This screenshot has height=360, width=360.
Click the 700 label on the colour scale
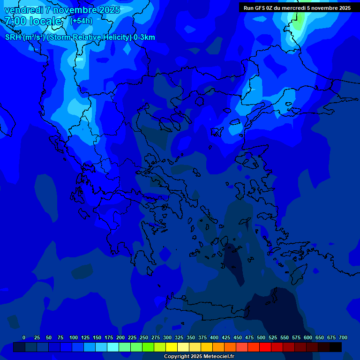point(343,338)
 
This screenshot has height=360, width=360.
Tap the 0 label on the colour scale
point(24,338)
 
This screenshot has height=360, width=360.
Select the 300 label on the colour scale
point(167,338)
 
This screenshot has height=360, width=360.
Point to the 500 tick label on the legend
point(261,338)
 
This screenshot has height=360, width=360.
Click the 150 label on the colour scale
point(97,338)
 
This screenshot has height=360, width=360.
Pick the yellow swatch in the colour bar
point(172,347)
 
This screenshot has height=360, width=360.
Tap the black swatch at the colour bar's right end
point(336,347)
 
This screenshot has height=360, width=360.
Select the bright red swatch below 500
point(265,347)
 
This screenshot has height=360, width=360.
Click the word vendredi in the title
point(24,10)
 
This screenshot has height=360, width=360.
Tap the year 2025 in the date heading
point(106,10)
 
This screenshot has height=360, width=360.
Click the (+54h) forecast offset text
point(81,21)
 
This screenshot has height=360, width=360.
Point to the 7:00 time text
point(15,21)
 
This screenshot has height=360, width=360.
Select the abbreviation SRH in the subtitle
point(13,37)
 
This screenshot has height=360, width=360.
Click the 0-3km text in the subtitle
point(144,37)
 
